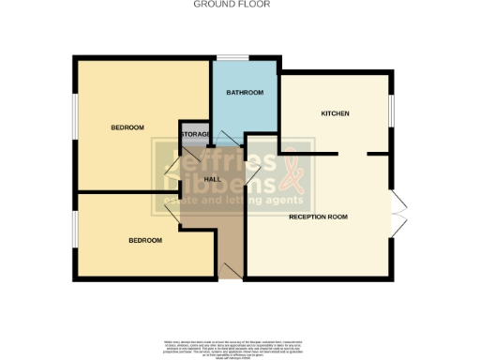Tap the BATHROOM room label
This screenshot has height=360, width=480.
tap(245, 93)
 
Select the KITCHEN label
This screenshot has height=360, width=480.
tap(335, 113)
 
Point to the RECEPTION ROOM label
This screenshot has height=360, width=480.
tap(318, 217)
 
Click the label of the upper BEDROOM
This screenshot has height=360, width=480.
tap(127, 127)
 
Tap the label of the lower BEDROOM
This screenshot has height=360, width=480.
tap(145, 240)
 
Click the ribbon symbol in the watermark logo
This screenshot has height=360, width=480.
tap(291, 174)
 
